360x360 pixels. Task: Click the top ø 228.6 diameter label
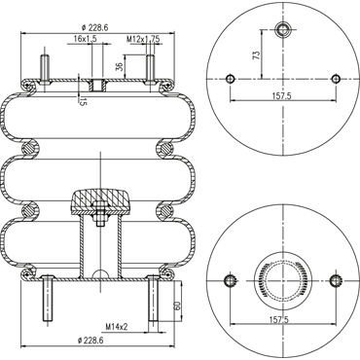(95, 28)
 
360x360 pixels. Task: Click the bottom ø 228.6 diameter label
(90, 341)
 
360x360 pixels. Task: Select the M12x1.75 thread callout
(143, 39)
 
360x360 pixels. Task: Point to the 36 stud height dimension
(120, 66)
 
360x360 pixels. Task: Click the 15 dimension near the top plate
(83, 102)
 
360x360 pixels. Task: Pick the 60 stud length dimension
(177, 306)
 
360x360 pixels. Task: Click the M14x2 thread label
(117, 326)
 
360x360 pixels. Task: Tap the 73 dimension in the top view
(257, 54)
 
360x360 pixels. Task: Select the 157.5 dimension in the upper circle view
(281, 95)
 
